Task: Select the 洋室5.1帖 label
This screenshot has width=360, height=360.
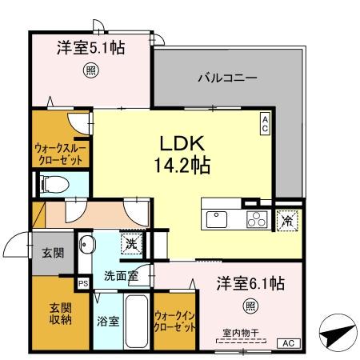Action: (90, 49)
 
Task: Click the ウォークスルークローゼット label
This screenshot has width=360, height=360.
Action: (62, 154)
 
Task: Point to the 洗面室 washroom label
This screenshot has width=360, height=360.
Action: (118, 277)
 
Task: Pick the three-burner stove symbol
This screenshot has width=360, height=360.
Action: (256, 218)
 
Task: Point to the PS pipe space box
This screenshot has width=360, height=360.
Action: (82, 282)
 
